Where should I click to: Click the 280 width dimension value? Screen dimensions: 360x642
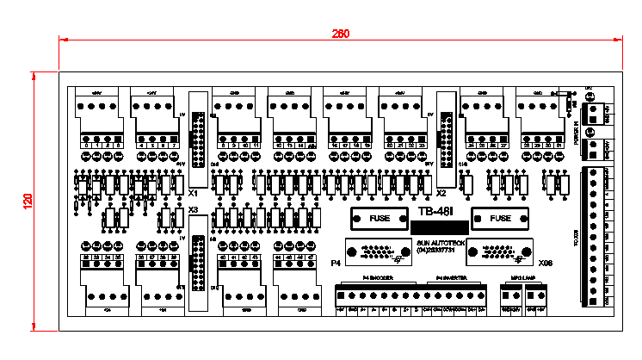point(341,34)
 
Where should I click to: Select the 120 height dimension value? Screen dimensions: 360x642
point(28,201)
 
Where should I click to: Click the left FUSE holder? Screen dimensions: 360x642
point(380,219)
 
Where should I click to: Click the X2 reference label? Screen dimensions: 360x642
point(441,195)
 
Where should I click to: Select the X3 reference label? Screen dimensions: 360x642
point(193,209)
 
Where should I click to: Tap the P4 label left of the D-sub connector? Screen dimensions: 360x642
point(336,260)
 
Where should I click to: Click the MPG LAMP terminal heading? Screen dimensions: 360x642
point(522,278)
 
